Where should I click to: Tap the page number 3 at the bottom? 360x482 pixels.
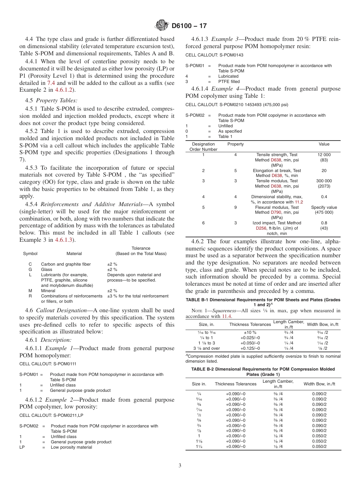[180, 465]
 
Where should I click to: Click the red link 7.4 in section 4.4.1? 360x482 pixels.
[51, 83]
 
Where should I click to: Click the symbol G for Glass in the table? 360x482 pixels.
[30, 269]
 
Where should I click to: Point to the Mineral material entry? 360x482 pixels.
[48, 291]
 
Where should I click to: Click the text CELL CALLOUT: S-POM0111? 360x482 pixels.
[48, 363]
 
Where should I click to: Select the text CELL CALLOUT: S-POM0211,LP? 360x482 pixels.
[51, 415]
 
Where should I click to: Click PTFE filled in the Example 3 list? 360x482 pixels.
[229, 81]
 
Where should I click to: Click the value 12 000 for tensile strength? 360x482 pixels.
[324, 155]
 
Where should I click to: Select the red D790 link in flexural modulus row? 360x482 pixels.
[277, 213]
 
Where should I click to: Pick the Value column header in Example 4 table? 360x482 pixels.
[324, 144]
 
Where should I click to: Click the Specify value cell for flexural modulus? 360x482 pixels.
[324, 207]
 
